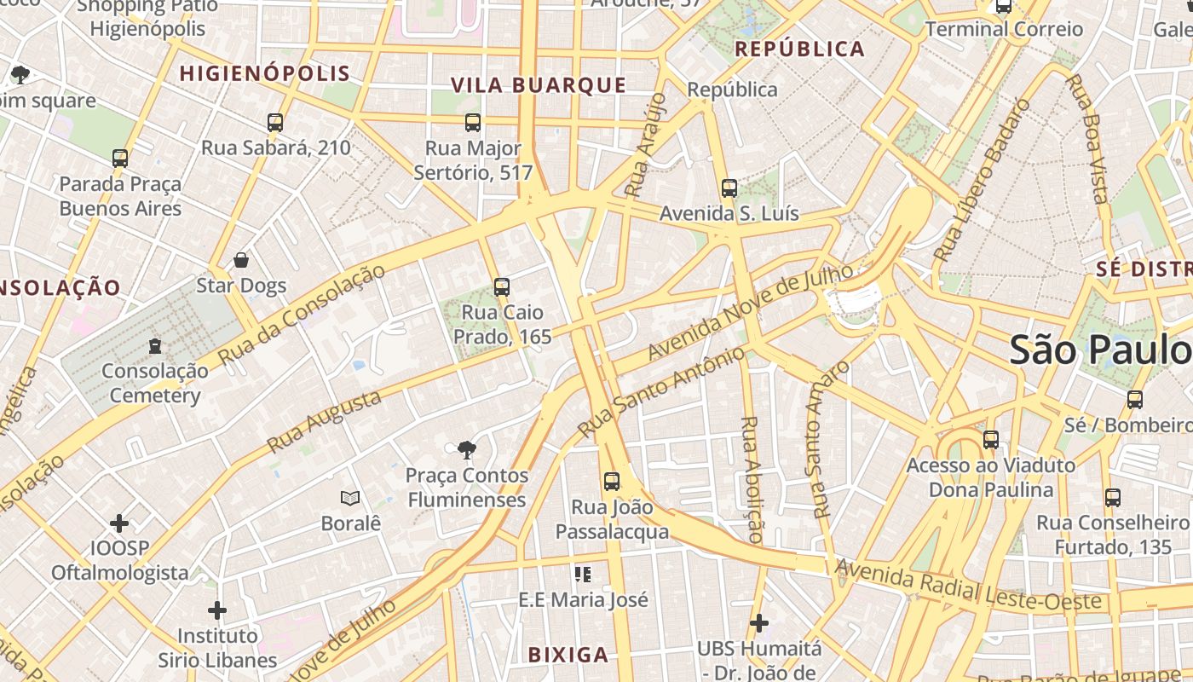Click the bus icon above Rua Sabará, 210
(x=274, y=123)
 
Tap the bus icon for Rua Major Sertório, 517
(x=473, y=123)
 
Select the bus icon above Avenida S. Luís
(x=729, y=188)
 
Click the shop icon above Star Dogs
(x=241, y=260)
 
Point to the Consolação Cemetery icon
(x=154, y=346)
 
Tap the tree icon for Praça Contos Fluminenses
(x=466, y=450)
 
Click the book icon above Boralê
(x=350, y=498)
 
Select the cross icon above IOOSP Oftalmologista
(x=119, y=523)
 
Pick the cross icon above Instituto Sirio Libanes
(x=217, y=610)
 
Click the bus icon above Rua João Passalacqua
(x=612, y=482)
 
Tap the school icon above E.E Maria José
(x=583, y=575)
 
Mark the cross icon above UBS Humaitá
(x=758, y=623)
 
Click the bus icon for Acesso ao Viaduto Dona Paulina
(x=990, y=440)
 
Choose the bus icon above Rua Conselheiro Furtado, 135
(x=1112, y=497)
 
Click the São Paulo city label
(x=1100, y=350)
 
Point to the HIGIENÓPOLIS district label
(x=265, y=73)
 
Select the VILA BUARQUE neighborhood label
(x=539, y=85)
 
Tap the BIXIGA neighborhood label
(x=568, y=655)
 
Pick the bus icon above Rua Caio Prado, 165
(x=502, y=287)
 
